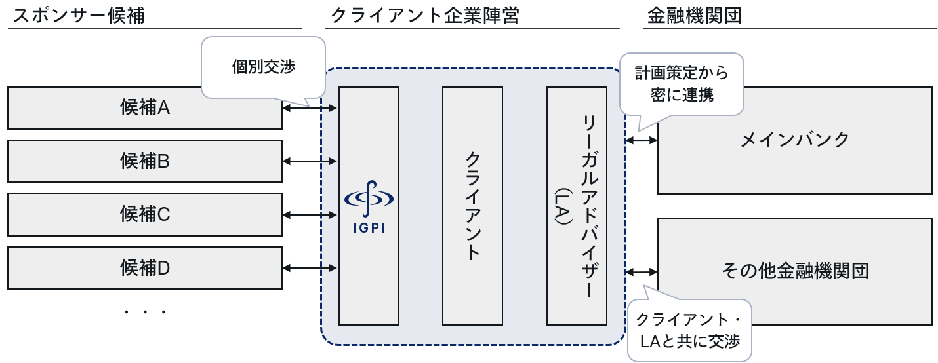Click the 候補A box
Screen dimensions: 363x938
tap(145, 108)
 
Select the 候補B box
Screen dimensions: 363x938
tap(145, 161)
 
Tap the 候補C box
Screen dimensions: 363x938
tap(145, 214)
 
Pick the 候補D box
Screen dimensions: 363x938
tap(145, 267)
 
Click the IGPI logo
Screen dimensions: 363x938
tap(369, 206)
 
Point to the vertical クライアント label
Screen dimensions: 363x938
tap(472, 206)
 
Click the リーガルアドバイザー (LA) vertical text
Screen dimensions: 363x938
tap(577, 206)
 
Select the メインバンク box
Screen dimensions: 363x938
tap(794, 140)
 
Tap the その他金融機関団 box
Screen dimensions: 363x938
tap(794, 271)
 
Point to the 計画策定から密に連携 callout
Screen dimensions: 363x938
tap(681, 83)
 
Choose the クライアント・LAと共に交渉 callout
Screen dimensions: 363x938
tap(689, 331)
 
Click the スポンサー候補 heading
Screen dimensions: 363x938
tap(78, 16)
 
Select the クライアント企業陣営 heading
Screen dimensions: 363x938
tap(425, 16)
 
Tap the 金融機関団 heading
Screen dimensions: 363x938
tap(694, 16)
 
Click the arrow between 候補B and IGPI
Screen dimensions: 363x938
tap(310, 161)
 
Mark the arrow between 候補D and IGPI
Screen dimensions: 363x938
tap(310, 267)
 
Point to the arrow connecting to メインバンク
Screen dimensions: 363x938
tap(642, 140)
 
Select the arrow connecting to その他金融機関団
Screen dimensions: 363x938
tap(642, 271)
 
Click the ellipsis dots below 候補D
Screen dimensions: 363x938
tap(145, 312)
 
